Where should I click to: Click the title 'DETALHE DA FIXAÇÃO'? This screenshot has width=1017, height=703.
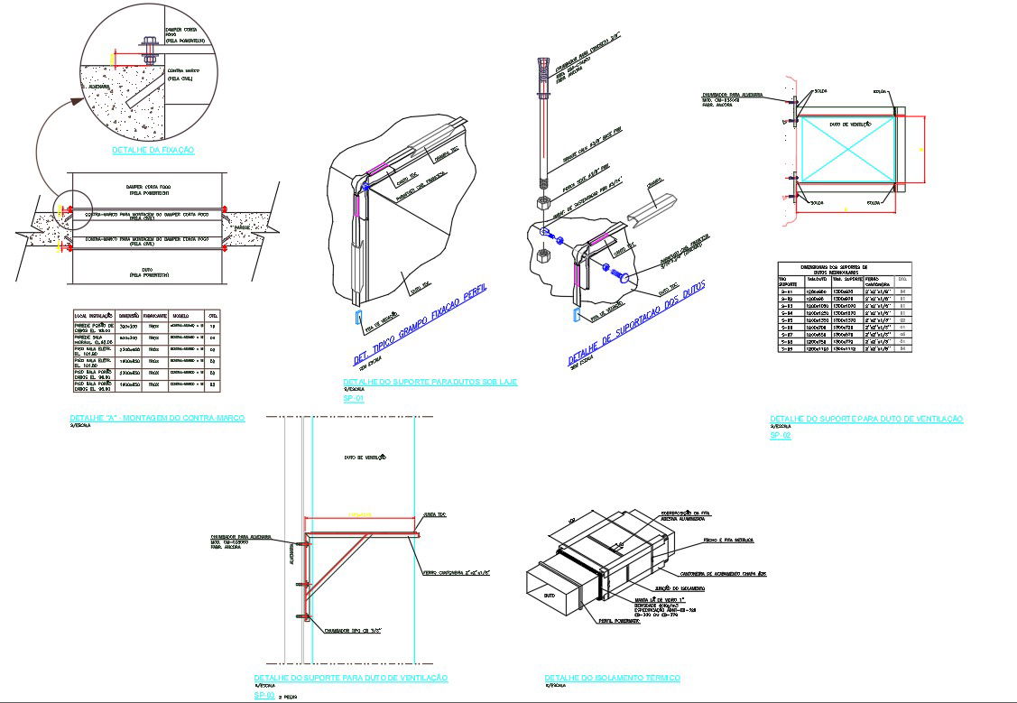click(153, 150)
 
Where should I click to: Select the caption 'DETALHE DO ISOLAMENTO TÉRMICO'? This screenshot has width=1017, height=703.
click(612, 678)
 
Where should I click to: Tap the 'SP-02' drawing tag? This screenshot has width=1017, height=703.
click(780, 436)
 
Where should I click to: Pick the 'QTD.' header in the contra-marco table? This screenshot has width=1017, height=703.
click(213, 315)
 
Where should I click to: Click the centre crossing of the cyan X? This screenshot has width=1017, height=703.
click(847, 149)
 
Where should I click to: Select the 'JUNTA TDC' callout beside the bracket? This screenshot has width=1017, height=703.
click(437, 514)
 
